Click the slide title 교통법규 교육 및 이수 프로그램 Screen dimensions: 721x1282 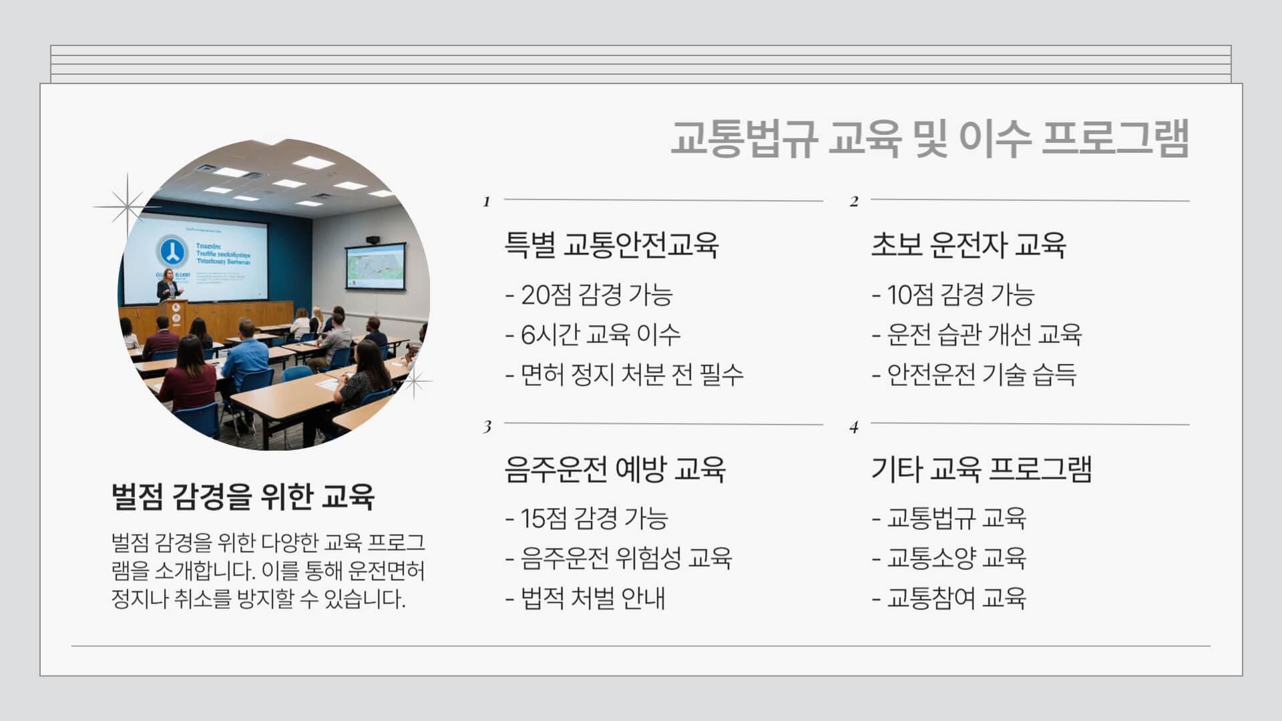coord(929,139)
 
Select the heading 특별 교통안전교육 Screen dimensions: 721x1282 coord(611,244)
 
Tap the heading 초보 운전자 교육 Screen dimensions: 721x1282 coord(968,244)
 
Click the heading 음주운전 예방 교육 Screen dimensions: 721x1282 coord(615,469)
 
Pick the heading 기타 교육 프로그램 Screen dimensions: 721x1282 coord(981,469)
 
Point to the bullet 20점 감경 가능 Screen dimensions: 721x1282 coord(589,294)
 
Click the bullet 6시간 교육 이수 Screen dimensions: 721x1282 coord(593,334)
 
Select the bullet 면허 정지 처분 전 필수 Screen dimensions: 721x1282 coord(624,375)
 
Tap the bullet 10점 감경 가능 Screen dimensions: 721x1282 coord(953,294)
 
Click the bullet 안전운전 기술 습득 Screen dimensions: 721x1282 coord(974,375)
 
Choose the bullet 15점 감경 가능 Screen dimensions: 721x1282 coord(587,518)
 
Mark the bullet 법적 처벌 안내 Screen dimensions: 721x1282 coord(585,598)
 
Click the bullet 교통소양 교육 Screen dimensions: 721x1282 coord(949,558)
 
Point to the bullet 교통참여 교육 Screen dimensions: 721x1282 coord(949,598)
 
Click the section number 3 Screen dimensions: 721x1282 coord(487,427)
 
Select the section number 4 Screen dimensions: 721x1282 coord(853,427)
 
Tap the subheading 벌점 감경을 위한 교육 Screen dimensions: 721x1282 coord(243,496)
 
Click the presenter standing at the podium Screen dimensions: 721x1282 coord(169,284)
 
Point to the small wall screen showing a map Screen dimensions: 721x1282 coord(375,266)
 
